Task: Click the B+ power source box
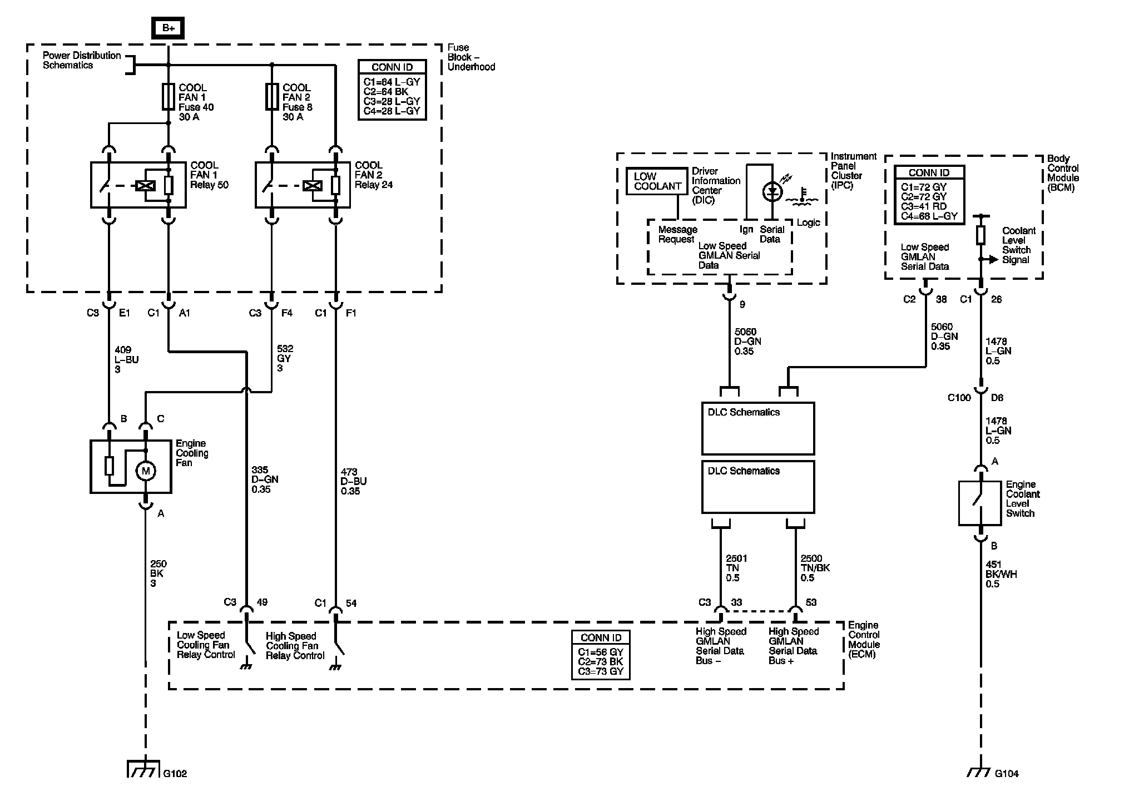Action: point(168,28)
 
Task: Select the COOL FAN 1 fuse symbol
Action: point(168,97)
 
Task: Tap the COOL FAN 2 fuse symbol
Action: point(271,97)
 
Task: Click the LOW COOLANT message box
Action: point(657,181)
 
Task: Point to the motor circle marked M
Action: point(146,471)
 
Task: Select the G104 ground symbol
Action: point(980,772)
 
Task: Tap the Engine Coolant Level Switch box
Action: point(980,503)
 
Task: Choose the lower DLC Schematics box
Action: point(758,487)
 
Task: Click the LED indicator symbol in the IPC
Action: point(771,192)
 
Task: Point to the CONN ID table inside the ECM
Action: point(601,655)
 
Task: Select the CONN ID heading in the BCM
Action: point(929,173)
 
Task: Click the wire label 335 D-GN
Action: point(265,480)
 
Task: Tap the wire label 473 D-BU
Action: point(354,482)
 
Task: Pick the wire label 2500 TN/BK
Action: point(815,568)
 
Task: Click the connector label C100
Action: point(959,398)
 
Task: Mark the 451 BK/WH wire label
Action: point(1001,574)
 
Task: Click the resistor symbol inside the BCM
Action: point(980,235)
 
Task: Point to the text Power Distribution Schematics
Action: point(82,60)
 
